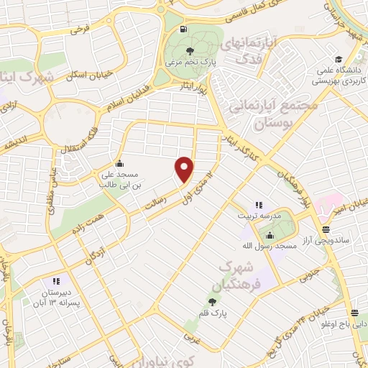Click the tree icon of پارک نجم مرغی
(x=190, y=51)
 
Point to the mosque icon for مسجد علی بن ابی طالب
(x=119, y=163)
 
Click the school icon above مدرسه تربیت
(x=259, y=205)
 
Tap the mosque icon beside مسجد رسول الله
(x=270, y=236)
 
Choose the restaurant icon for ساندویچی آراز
(x=326, y=230)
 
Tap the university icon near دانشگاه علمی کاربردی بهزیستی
(x=336, y=60)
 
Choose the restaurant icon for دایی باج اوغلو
(x=355, y=313)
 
